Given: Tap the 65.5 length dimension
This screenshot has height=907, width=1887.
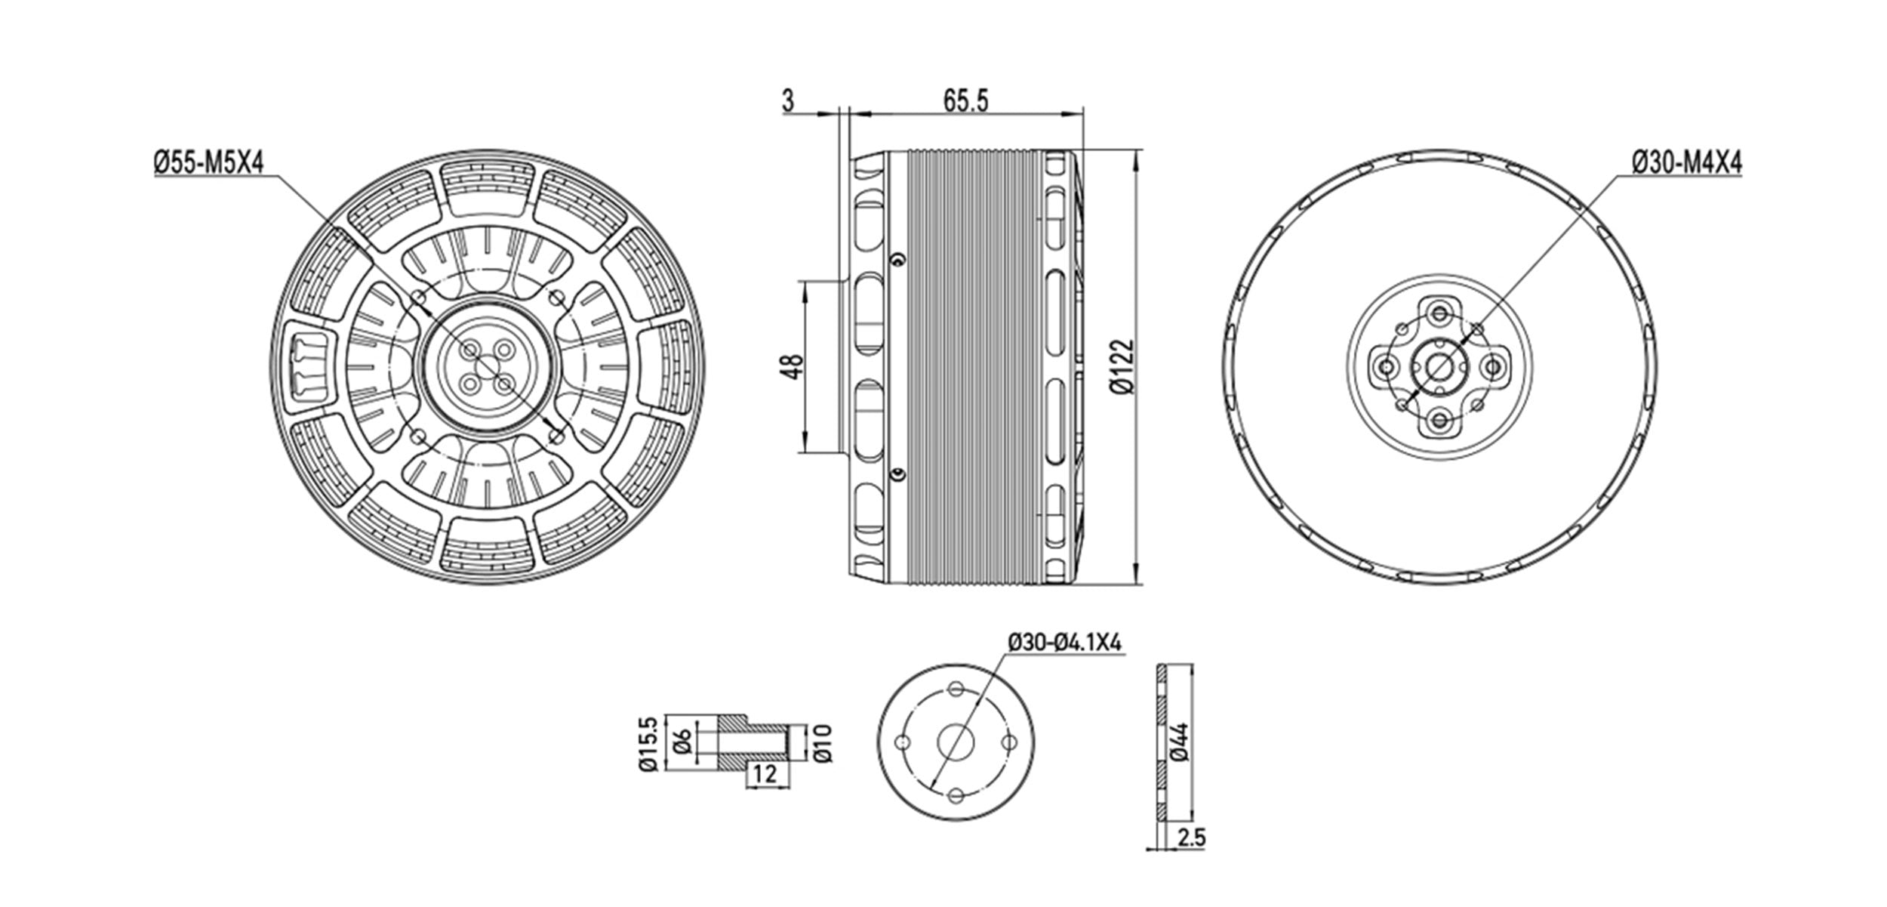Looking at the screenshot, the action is tap(965, 100).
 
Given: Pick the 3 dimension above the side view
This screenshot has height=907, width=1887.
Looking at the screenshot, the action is tap(788, 100).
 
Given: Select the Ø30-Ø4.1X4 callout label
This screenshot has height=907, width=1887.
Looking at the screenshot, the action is tap(1066, 642).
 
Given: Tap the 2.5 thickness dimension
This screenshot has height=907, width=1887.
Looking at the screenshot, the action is tap(1190, 859).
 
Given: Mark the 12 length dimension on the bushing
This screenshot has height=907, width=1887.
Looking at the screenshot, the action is tap(765, 773).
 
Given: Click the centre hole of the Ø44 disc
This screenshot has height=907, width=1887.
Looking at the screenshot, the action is tap(956, 743).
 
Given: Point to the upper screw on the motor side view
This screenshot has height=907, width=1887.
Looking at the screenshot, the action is tap(897, 259).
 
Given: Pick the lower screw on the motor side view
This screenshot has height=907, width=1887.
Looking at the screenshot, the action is tap(897, 474).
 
